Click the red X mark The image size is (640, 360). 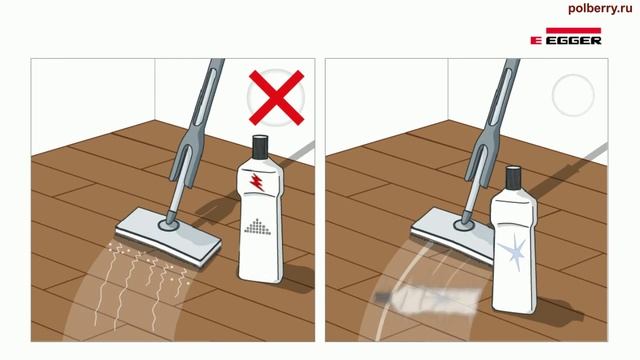[x=276, y=97]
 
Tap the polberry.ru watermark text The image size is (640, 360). [x=600, y=9]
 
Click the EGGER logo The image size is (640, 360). [x=566, y=36]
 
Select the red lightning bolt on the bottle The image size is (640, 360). [x=257, y=182]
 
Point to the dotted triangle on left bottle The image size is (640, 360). [x=257, y=227]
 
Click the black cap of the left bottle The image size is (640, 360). [x=260, y=147]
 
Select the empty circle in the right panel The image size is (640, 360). [x=573, y=95]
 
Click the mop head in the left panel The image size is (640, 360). [x=169, y=237]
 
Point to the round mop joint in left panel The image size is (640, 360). [x=168, y=224]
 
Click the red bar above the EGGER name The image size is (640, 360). [x=573, y=30]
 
